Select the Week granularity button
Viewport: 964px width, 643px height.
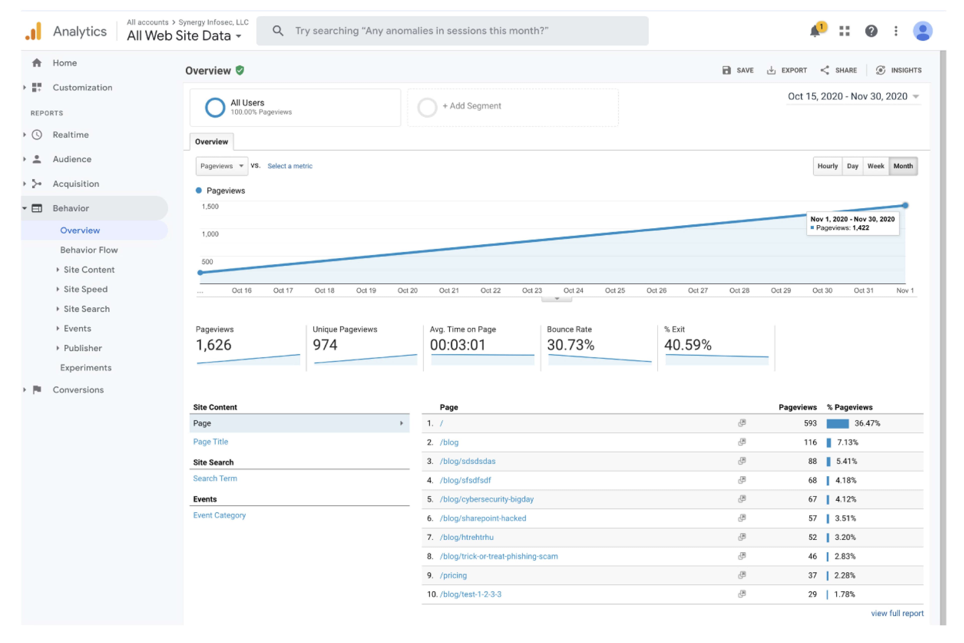875,166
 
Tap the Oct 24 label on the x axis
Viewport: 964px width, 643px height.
573,290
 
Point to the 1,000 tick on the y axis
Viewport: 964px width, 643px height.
210,234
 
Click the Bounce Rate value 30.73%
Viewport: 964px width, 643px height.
570,345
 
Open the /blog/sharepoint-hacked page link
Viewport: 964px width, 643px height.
483,518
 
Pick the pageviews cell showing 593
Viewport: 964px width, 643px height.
810,423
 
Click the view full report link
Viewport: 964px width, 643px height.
897,613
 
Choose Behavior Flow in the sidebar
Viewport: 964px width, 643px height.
89,250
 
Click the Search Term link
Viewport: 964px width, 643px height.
215,479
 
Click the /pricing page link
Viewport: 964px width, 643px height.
453,575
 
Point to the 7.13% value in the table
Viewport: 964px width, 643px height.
847,442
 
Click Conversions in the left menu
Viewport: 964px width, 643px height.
78,390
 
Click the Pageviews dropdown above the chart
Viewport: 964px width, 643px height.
221,166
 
